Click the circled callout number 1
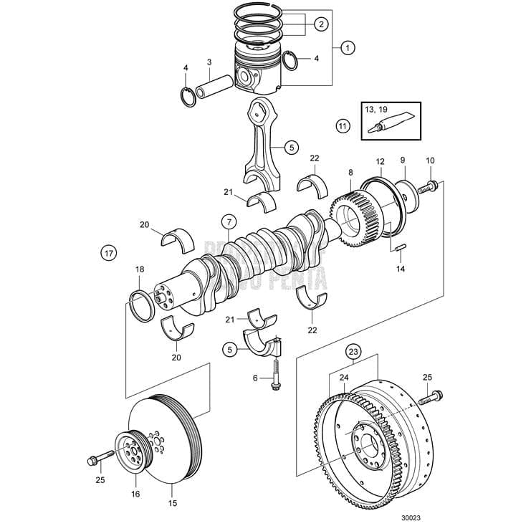click(x=348, y=48)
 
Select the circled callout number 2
click(x=320, y=24)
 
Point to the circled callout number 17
click(x=108, y=253)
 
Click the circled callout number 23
click(x=353, y=351)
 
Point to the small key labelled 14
click(x=401, y=249)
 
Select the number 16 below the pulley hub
click(x=135, y=494)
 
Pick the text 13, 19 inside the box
click(x=375, y=110)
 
